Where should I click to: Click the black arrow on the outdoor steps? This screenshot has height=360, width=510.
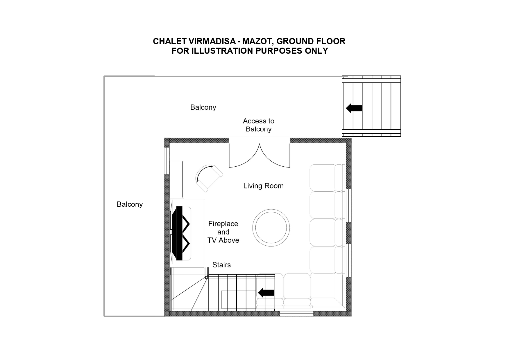(x=354, y=108)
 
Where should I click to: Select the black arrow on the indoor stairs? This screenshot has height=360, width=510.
(x=266, y=293)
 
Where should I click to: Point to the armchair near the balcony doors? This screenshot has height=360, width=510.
(x=209, y=178)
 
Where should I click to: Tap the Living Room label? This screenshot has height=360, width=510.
(x=264, y=186)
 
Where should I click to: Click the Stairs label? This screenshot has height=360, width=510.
(x=221, y=265)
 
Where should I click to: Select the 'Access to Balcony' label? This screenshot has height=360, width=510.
(x=259, y=125)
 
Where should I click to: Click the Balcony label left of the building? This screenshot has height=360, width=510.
(x=130, y=204)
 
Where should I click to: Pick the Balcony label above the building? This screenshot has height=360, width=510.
(x=203, y=107)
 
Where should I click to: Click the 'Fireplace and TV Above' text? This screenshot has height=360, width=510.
(x=223, y=232)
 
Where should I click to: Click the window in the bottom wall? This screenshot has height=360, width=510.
(x=297, y=314)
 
